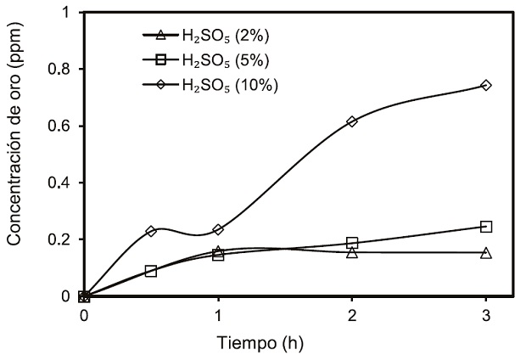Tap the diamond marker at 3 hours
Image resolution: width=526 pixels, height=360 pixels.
pyautogui.click(x=486, y=85)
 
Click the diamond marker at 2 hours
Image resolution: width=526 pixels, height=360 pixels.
pyautogui.click(x=352, y=121)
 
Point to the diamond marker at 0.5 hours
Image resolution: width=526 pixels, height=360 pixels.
pyautogui.click(x=151, y=231)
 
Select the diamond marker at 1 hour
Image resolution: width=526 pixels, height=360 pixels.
pyautogui.click(x=218, y=229)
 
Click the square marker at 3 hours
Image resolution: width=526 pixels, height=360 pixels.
pyautogui.click(x=486, y=227)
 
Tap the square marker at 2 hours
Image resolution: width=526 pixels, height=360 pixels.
pyautogui.click(x=352, y=243)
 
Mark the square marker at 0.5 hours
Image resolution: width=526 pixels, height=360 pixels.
pyautogui.click(x=151, y=271)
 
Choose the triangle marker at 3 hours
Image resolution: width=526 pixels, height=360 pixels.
pyautogui.click(x=486, y=252)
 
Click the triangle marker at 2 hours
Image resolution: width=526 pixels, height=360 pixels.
pyautogui.click(x=352, y=252)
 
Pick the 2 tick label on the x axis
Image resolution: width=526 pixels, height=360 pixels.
pyautogui.click(x=352, y=316)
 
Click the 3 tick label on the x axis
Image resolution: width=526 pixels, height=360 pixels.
pyautogui.click(x=486, y=316)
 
